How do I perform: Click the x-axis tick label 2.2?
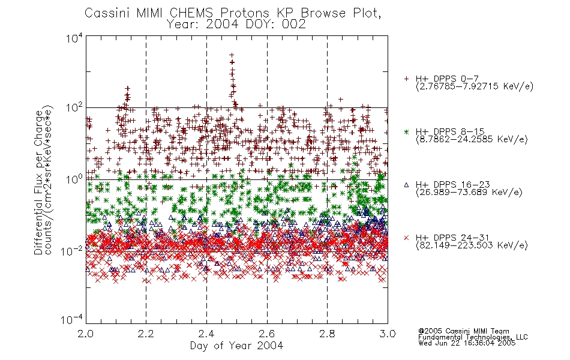(146, 334)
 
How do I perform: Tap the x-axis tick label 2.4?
(206, 334)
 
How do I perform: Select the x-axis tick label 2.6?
(267, 334)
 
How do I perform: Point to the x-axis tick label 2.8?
(327, 334)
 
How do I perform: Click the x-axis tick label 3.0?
(388, 334)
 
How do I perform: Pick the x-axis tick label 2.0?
(86, 334)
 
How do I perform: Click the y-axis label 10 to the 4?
(74, 38)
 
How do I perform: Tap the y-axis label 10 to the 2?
(74, 108)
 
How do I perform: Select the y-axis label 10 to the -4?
(72, 320)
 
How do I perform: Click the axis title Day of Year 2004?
(236, 346)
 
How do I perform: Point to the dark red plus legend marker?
(406, 79)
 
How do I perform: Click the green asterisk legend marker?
(406, 131)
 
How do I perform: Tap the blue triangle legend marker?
(406, 185)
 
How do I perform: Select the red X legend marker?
(406, 238)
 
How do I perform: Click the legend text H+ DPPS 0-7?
(447, 79)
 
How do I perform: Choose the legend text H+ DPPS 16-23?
(452, 184)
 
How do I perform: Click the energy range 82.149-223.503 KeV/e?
(472, 245)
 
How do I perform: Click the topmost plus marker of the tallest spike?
(232, 55)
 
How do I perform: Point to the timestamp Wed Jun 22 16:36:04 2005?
(467, 343)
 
